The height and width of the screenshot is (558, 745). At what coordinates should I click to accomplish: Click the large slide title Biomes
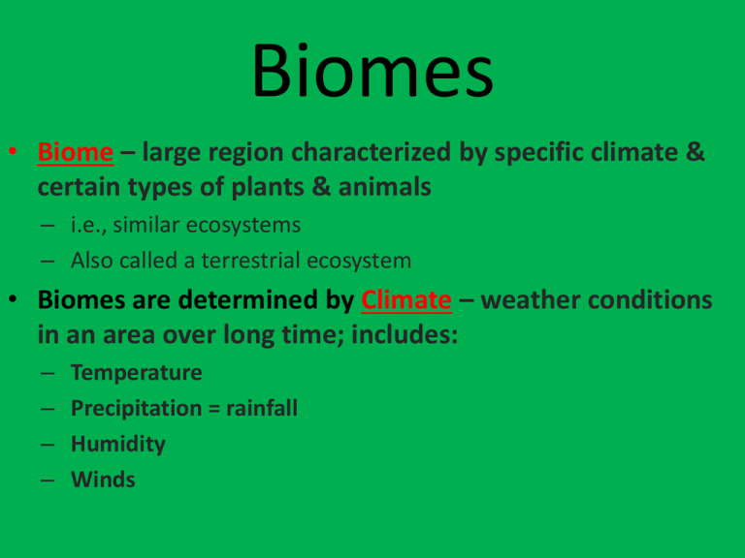click(372, 70)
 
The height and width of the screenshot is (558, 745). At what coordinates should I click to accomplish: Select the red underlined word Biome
click(76, 152)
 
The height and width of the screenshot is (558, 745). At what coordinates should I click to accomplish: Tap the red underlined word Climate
click(406, 300)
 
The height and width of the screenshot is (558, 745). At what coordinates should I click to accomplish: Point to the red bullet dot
click(13, 151)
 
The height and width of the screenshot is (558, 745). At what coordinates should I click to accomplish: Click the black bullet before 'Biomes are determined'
click(13, 299)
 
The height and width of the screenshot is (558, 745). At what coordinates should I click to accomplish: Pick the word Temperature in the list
click(137, 372)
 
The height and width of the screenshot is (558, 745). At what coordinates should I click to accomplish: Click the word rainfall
click(262, 408)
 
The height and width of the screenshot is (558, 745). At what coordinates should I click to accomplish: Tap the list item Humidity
click(118, 444)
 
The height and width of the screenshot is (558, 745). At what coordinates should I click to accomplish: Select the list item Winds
click(103, 480)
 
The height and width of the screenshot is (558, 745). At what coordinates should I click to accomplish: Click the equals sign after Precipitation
click(214, 409)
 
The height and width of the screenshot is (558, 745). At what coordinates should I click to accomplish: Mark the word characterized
click(371, 152)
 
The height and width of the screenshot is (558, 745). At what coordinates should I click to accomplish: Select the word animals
click(385, 187)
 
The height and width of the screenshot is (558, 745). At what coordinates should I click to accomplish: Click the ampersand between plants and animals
click(322, 187)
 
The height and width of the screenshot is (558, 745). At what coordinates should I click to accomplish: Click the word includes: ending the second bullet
click(405, 335)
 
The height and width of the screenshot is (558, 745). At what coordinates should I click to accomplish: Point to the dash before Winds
click(48, 480)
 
